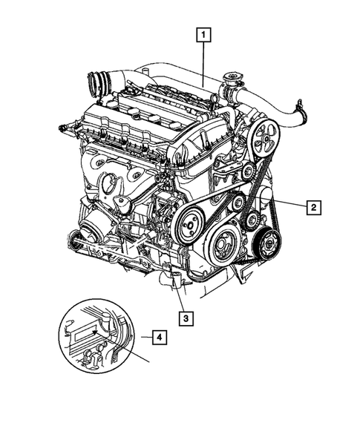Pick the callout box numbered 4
click(158, 338)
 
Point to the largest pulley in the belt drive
click(221, 242)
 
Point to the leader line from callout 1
click(203, 59)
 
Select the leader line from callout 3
click(182, 297)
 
